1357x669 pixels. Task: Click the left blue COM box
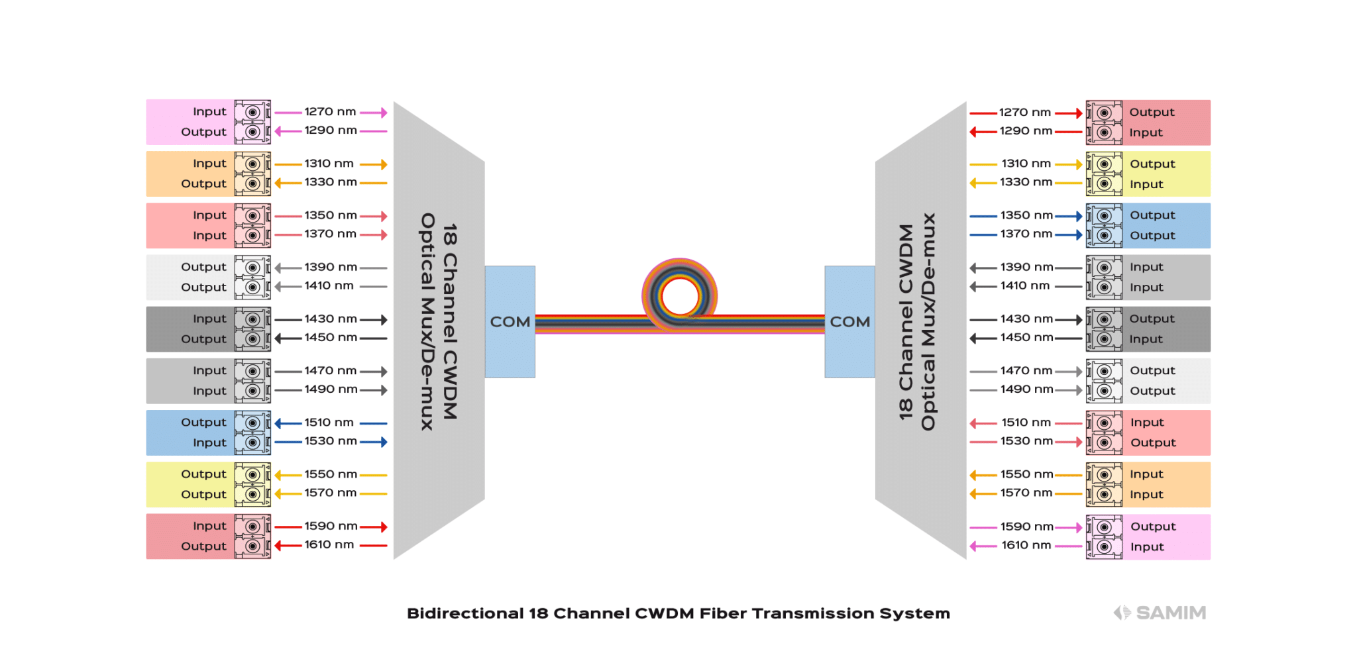[x=510, y=321]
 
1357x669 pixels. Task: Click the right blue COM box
[x=849, y=321]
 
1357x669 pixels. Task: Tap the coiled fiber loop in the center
[x=680, y=295]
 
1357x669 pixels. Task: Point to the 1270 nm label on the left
[x=330, y=112]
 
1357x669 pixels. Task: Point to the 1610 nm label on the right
[x=1026, y=545]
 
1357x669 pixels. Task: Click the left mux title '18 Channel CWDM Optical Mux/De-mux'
[x=439, y=322]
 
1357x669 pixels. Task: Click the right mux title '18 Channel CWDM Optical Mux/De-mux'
[x=918, y=322]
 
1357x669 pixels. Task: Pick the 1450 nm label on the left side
[x=330, y=338]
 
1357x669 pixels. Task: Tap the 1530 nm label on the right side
[x=1026, y=441]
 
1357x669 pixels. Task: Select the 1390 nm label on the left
[x=330, y=267]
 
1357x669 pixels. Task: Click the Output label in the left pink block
[x=203, y=132]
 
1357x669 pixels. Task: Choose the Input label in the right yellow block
[x=1146, y=184]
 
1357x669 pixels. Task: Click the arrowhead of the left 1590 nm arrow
[x=384, y=527]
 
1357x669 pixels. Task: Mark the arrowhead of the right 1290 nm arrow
[x=973, y=132]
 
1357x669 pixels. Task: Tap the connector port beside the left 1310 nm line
[x=252, y=164]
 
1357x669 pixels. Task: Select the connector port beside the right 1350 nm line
[x=1104, y=216]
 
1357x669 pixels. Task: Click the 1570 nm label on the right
[x=1026, y=493]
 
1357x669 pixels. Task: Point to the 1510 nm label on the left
[x=329, y=423]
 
